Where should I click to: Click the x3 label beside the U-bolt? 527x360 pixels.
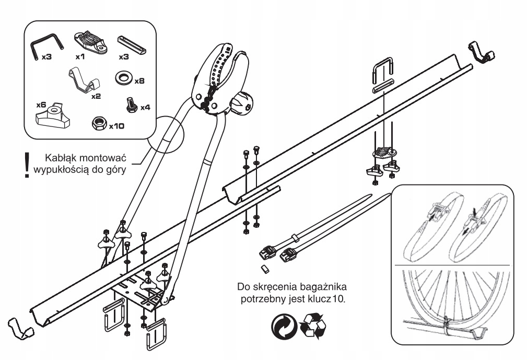(x=46, y=56)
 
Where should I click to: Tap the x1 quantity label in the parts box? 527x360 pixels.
(x=80, y=55)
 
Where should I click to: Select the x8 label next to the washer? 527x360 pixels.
(x=139, y=82)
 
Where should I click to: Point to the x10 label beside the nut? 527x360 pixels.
(x=117, y=126)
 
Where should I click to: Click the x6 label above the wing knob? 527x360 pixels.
(x=41, y=104)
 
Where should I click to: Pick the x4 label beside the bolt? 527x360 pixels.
(x=145, y=107)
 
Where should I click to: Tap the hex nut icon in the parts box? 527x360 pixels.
(x=98, y=123)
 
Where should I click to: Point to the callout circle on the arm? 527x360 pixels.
(x=165, y=134)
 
